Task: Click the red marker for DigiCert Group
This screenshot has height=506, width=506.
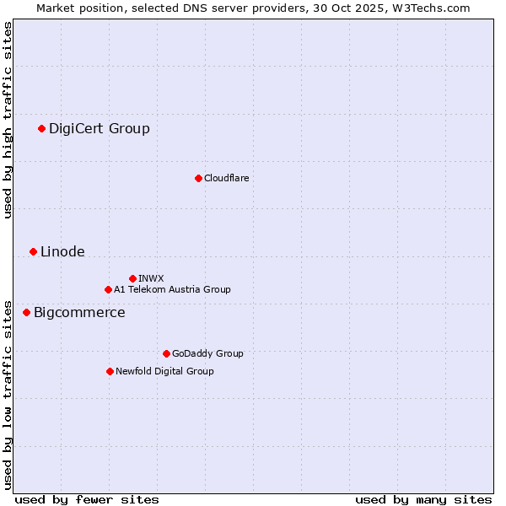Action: click(x=41, y=128)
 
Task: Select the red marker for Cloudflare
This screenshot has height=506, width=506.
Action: click(x=198, y=178)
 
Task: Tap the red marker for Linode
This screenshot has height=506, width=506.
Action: click(x=33, y=251)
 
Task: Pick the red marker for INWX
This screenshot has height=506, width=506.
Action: click(x=132, y=278)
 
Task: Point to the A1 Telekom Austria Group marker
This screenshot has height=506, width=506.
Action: click(x=108, y=289)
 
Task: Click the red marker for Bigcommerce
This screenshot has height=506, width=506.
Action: click(x=26, y=312)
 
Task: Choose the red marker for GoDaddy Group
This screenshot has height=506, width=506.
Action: click(x=166, y=353)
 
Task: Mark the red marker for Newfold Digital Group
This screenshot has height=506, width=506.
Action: click(x=110, y=371)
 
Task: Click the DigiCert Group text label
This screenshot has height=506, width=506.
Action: click(x=100, y=128)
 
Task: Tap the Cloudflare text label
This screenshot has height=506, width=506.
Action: click(x=226, y=178)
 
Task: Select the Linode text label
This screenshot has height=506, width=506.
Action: click(x=62, y=251)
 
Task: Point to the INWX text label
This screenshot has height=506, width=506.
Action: click(x=151, y=278)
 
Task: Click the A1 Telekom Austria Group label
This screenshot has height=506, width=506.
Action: click(x=172, y=289)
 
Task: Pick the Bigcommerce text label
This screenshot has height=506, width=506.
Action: click(x=79, y=313)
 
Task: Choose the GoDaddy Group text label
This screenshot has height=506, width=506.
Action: click(x=207, y=353)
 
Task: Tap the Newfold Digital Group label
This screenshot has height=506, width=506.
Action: click(x=164, y=371)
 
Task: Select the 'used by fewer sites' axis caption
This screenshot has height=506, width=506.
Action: click(x=87, y=499)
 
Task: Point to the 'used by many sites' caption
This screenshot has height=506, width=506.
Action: click(x=423, y=499)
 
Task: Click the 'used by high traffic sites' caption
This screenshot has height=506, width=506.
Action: click(x=8, y=120)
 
